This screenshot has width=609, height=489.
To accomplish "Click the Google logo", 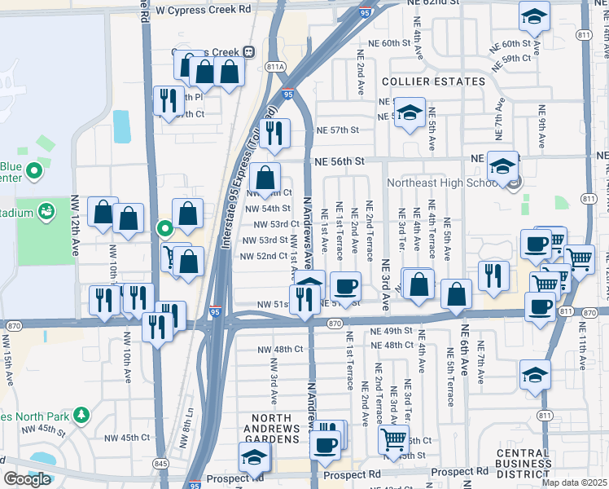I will [26, 479].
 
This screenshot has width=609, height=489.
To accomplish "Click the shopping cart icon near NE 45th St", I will [394, 439].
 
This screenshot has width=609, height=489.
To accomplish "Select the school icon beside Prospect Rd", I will [255, 457].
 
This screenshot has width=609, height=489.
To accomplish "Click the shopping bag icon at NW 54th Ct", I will [265, 176].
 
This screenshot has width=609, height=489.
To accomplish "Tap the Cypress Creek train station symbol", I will [248, 51].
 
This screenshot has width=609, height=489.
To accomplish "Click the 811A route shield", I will [276, 67].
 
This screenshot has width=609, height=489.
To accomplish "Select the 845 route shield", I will [160, 464].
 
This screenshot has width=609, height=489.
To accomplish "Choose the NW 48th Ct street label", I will [277, 350].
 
